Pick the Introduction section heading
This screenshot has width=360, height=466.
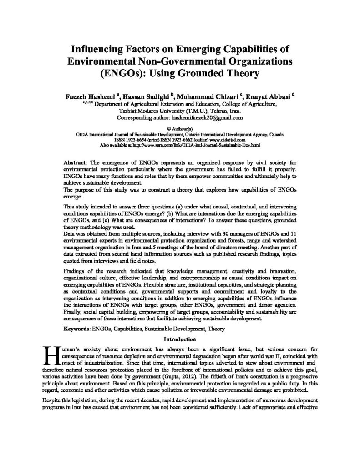pyautogui.click(x=180, y=339)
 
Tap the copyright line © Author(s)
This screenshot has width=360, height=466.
pyautogui.click(x=180, y=129)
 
